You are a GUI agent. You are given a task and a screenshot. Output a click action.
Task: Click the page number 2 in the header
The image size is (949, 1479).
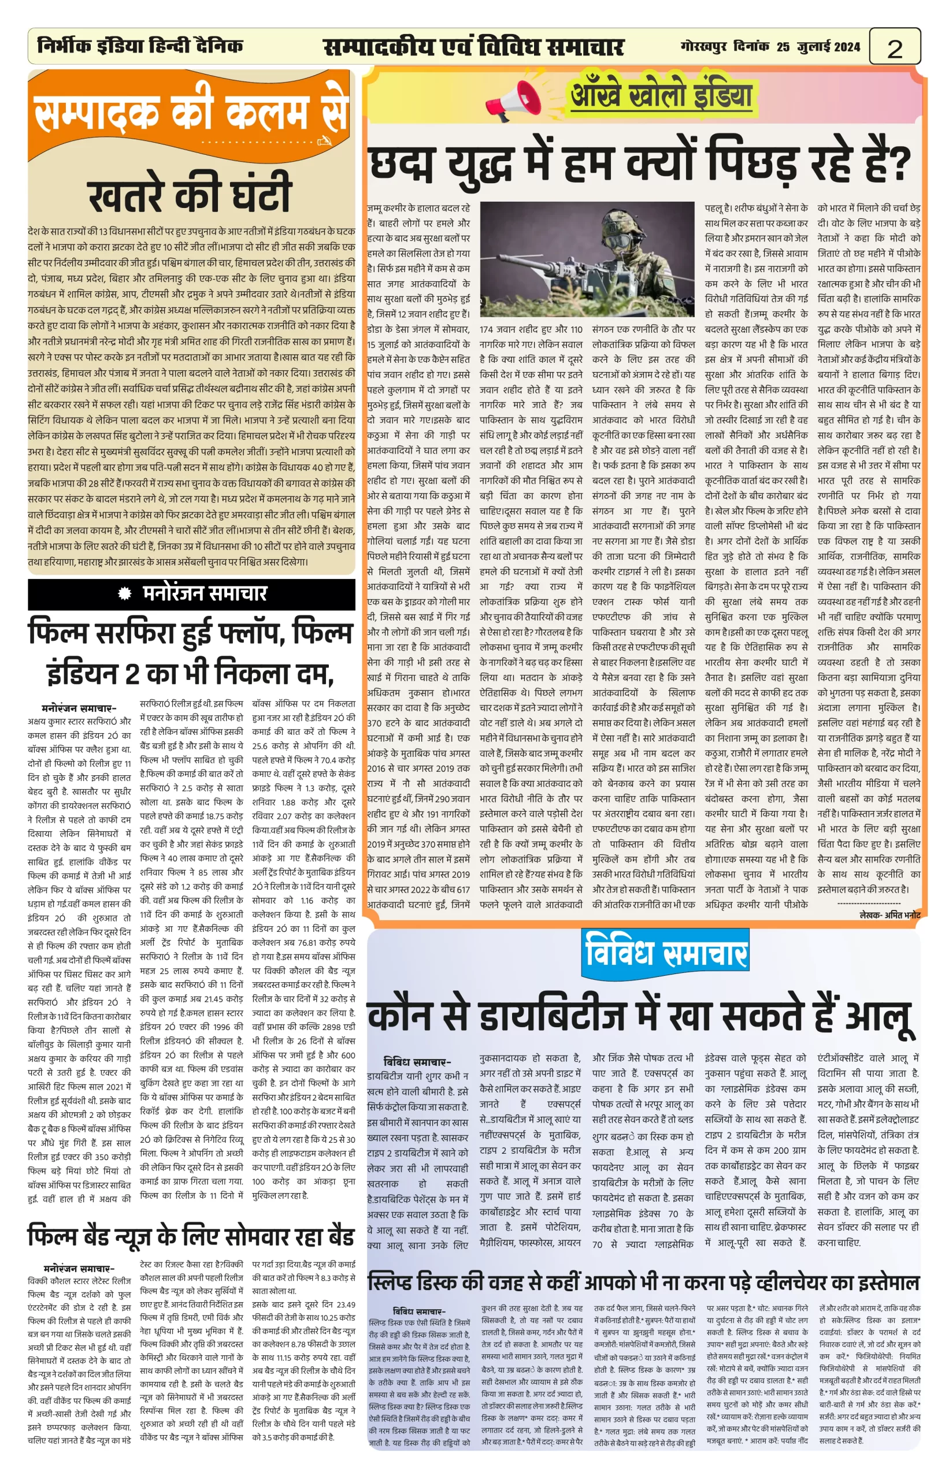[x=894, y=48]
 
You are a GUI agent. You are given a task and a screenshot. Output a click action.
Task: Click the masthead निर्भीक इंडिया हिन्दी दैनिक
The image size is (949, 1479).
[x=140, y=46]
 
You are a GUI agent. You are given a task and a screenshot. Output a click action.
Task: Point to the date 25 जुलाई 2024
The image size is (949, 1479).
[x=818, y=46]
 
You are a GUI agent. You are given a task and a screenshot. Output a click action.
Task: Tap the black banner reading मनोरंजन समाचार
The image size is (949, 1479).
[x=191, y=593]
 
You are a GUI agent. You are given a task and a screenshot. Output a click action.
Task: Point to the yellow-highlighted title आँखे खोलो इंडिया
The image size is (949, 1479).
[x=661, y=95]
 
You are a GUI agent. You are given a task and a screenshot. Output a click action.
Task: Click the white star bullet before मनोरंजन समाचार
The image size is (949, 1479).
[x=125, y=593]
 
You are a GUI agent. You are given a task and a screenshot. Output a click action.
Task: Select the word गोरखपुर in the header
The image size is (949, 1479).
[x=703, y=46]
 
